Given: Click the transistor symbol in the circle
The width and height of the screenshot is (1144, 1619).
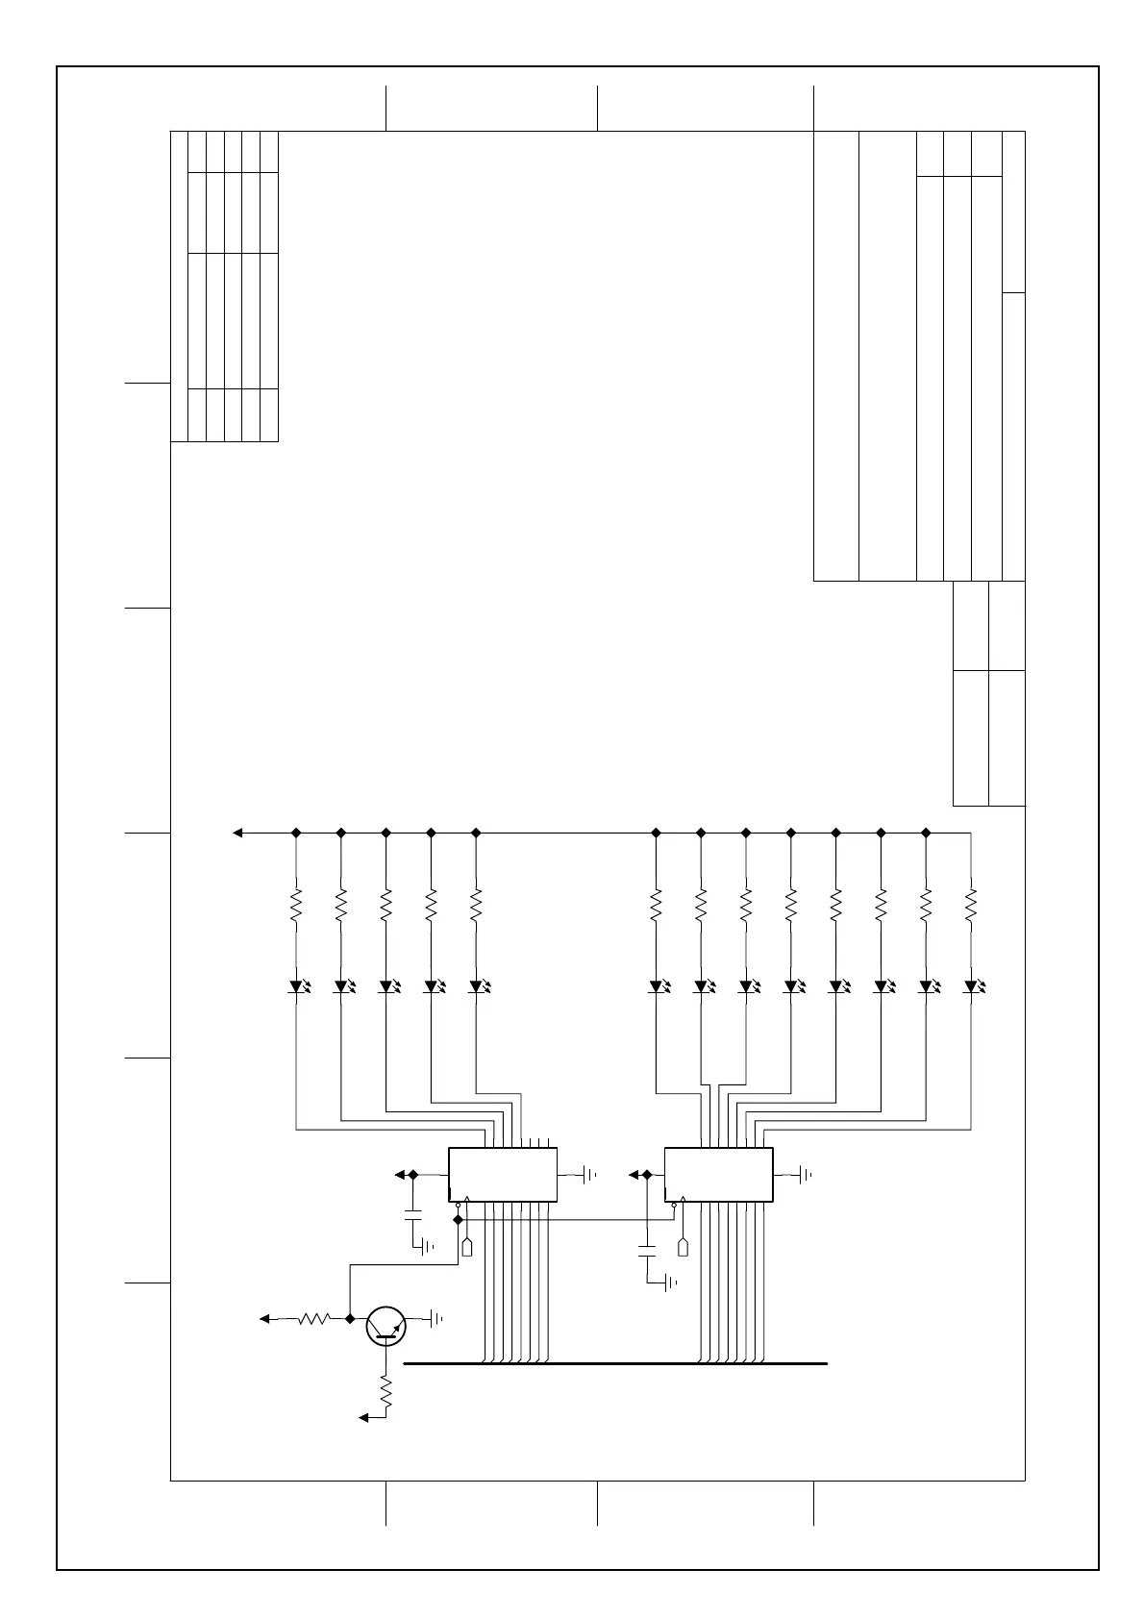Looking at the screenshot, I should [x=386, y=1326].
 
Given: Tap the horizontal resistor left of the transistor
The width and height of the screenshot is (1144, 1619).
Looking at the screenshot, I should [x=314, y=1318].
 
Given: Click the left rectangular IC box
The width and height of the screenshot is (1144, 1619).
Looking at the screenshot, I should [x=503, y=1174].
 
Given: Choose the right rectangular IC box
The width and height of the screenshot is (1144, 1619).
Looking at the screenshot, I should [x=718, y=1174].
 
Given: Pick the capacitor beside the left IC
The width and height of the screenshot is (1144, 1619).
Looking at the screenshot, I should [x=413, y=1211].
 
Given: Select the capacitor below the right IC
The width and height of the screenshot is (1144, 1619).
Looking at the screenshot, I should [x=647, y=1251].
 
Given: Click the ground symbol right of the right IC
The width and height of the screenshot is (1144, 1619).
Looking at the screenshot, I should [x=806, y=1174].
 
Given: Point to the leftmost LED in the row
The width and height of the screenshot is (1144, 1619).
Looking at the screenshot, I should [x=297, y=986].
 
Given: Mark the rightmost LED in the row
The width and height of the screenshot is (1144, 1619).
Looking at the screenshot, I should [x=971, y=986].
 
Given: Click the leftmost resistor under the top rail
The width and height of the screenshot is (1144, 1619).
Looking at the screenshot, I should [x=296, y=904].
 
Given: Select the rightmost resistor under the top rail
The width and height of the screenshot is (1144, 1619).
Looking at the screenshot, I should [x=970, y=904].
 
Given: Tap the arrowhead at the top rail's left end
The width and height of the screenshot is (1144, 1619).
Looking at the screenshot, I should [x=237, y=833].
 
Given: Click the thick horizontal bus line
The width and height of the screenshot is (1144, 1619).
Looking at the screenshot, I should [x=615, y=1363].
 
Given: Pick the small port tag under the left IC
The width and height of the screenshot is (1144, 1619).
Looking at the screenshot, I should [x=467, y=1247].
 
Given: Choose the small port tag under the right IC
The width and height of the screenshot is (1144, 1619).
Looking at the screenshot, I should [x=683, y=1247].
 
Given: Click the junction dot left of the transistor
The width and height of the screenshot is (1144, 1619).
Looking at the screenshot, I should [x=350, y=1318].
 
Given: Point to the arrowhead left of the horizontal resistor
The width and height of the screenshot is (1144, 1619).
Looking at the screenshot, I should [x=265, y=1318].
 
